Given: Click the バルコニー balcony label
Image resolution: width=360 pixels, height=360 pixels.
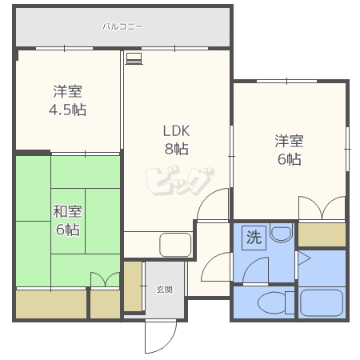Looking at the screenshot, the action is click(122, 26).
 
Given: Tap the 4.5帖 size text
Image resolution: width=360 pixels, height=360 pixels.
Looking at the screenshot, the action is click(67, 110).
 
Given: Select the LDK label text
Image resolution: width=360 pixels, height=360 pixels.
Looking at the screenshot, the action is click(176, 130).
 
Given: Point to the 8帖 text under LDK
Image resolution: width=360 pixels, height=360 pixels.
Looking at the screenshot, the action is click(176, 149).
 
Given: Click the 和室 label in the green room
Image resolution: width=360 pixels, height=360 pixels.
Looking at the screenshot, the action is click(67, 211).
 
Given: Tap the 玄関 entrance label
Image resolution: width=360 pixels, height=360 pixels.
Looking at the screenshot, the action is click(164, 290).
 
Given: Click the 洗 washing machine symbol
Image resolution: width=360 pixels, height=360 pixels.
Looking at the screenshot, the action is click(254, 238).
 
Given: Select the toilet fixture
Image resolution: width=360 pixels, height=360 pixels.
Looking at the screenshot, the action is click(276, 302).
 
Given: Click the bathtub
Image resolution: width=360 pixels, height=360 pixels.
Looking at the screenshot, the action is click(322, 303).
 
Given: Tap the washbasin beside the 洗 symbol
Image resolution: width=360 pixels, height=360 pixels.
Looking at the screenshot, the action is click(281, 233).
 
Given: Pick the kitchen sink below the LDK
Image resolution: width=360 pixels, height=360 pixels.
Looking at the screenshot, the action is click(175, 245).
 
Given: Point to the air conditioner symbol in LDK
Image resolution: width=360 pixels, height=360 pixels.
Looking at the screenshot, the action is click(134, 58).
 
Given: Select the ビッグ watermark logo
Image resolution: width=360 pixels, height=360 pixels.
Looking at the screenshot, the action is click(180, 181).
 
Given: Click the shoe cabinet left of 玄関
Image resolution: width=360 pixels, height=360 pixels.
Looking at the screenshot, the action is click(133, 286).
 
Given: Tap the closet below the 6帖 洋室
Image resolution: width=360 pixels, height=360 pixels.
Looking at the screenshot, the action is click(322, 234).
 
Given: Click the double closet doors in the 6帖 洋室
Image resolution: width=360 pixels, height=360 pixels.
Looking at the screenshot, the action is click(322, 208).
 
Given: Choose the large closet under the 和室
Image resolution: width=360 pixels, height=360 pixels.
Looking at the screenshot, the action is click(51, 304).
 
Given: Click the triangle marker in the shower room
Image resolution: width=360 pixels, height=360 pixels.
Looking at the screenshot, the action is click(304, 258).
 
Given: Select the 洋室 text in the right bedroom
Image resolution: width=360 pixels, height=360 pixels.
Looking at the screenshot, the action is click(289, 142).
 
